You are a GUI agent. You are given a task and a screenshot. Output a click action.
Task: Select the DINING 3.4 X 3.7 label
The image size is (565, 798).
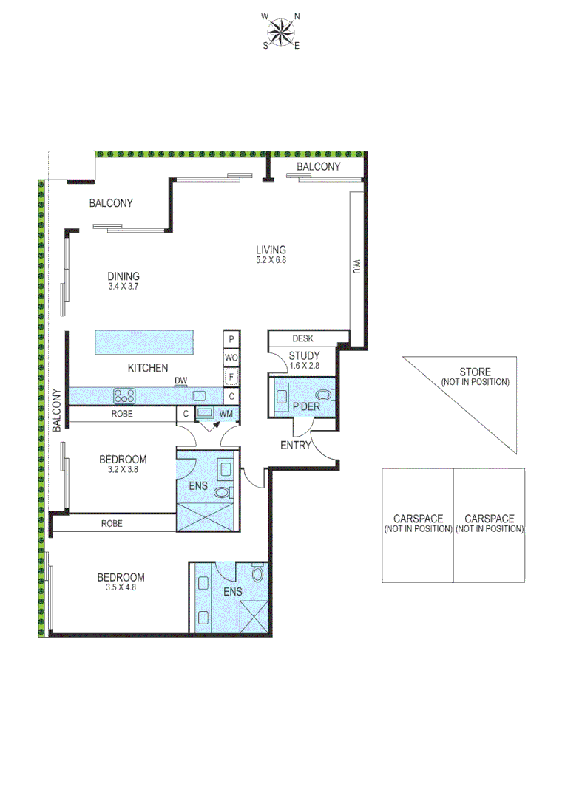(123, 282)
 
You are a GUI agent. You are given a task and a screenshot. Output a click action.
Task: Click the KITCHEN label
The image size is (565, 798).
(148, 368)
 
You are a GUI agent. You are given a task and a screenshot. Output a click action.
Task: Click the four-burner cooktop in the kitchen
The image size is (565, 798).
(123, 395)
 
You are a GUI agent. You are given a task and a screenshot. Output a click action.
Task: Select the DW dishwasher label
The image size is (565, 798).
(180, 381)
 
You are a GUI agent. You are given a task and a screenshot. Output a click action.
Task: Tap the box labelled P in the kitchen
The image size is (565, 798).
(231, 339)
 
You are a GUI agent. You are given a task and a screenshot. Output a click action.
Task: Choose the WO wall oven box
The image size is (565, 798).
(231, 358)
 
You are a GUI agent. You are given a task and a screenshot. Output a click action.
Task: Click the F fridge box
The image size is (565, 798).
(231, 378)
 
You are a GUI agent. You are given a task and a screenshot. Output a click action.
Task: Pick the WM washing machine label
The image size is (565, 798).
(225, 414)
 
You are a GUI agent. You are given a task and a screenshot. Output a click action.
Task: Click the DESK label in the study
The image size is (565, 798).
(302, 338)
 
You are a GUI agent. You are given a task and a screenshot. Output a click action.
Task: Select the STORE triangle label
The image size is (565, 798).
(475, 377)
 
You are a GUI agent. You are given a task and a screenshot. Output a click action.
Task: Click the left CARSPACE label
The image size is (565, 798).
(418, 524)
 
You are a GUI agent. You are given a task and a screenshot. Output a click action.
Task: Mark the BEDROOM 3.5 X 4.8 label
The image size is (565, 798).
(121, 582)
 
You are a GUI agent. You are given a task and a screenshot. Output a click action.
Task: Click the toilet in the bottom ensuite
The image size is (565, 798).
(257, 573)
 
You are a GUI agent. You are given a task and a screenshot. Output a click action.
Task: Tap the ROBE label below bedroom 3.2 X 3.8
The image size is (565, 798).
(112, 523)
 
